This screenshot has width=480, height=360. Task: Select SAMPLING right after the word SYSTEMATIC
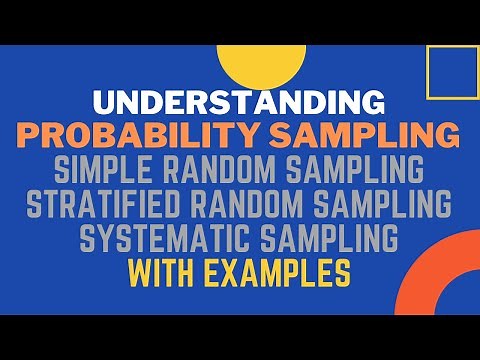coord(324,238)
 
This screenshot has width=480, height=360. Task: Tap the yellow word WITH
coord(164,271)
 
